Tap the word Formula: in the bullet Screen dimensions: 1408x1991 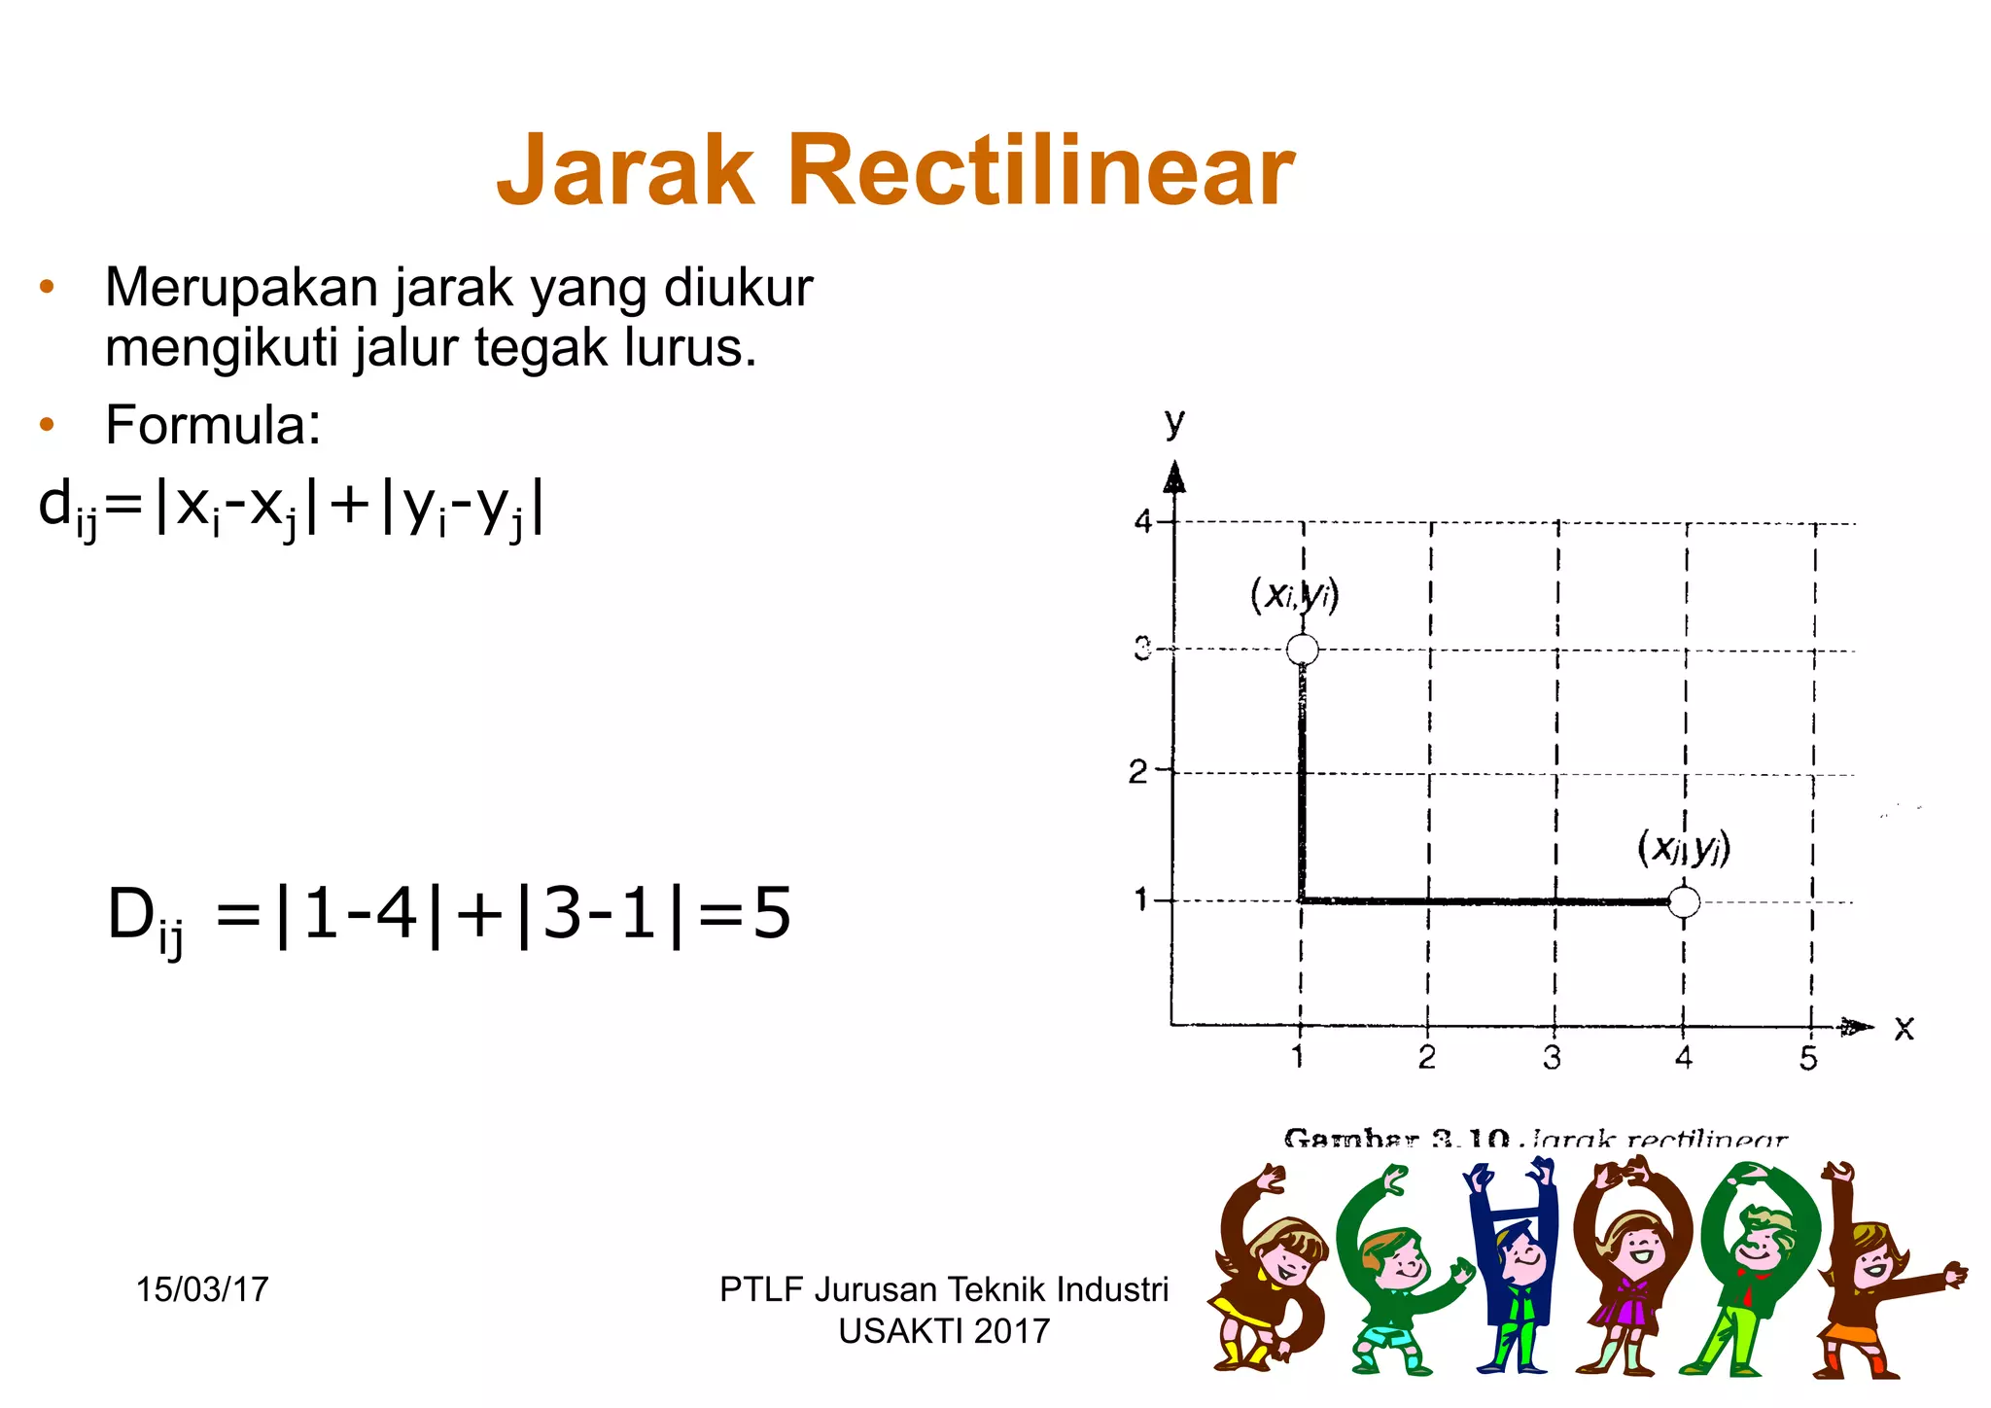coord(213,425)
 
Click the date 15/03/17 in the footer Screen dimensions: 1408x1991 coord(202,1289)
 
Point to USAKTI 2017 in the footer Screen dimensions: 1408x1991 coord(944,1331)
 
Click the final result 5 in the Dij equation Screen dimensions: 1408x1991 coord(771,914)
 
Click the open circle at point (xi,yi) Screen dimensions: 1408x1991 coord(1303,649)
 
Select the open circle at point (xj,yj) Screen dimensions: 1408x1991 coord(1684,902)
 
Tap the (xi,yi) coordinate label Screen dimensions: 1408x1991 coord(1295,594)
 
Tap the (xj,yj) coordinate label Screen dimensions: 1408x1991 coord(1684,848)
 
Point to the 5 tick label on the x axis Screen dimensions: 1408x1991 coord(1808,1058)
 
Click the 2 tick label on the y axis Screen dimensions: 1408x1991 coord(1138,772)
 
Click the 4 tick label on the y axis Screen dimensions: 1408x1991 coord(1143,522)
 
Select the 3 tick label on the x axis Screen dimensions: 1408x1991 coord(1553,1058)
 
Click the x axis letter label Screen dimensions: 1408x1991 coord(1904,1028)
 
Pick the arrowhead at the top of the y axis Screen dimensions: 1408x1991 coord(1175,477)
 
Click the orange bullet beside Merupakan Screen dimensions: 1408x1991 coord(47,287)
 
